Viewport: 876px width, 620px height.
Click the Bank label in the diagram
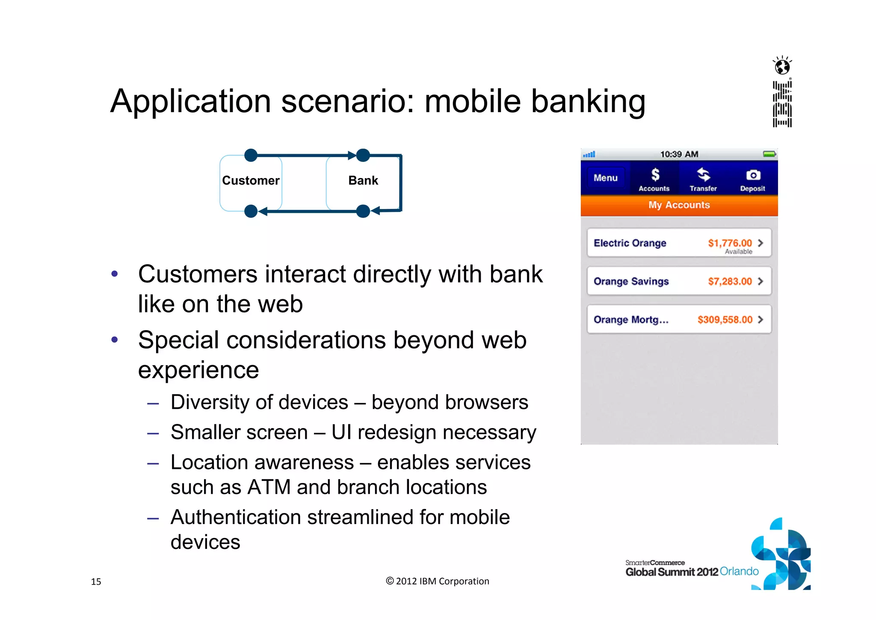[363, 181]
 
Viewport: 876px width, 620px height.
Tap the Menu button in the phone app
[605, 178]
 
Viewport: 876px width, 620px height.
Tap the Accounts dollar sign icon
[655, 175]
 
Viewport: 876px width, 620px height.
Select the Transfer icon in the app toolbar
[703, 175]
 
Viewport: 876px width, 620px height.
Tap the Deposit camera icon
[753, 175]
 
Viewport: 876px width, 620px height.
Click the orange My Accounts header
[679, 205]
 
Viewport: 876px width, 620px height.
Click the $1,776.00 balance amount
[730, 243]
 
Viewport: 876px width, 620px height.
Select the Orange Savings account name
[631, 281]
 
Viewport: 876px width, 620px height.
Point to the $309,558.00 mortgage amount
[725, 320]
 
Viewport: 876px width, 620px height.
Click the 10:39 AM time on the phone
[679, 154]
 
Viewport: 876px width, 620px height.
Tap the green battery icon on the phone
[769, 154]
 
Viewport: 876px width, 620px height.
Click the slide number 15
[96, 581]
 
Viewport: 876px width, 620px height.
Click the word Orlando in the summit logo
[739, 571]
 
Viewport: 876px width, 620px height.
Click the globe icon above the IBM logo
[782, 66]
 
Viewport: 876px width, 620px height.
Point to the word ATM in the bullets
[269, 487]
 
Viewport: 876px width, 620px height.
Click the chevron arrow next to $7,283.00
[761, 281]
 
